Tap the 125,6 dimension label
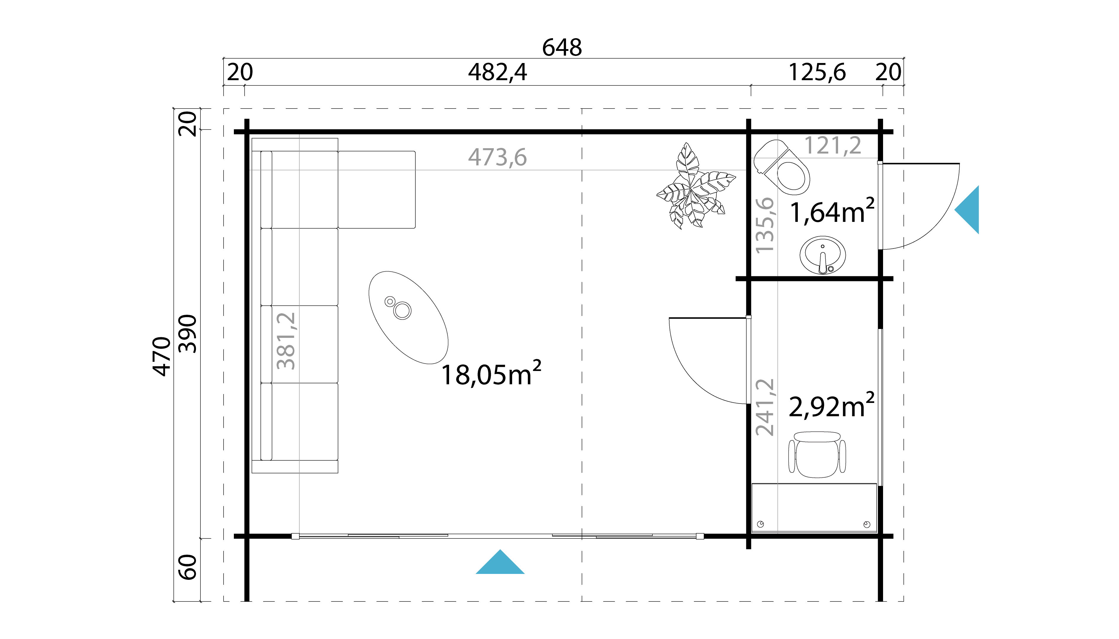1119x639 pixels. (x=817, y=72)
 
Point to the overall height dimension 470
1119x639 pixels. (x=162, y=356)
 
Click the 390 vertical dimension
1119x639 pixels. (x=188, y=333)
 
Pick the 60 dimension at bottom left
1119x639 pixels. (x=188, y=567)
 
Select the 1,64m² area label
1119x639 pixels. (x=831, y=212)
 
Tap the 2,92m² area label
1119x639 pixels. (x=831, y=406)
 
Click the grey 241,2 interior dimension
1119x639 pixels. (x=765, y=407)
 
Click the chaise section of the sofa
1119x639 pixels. (x=377, y=190)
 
